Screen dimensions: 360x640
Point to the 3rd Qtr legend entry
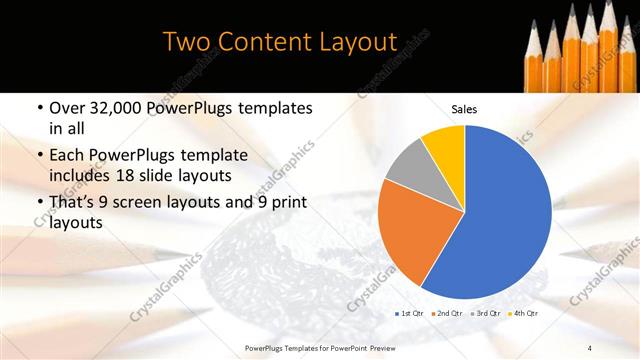click(485, 314)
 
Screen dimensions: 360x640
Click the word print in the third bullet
click(285, 203)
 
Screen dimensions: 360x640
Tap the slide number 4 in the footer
click(590, 347)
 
